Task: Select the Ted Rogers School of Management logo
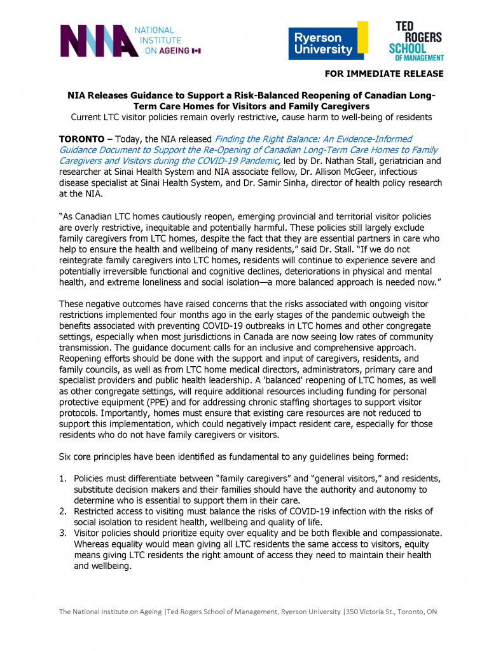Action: (416, 41)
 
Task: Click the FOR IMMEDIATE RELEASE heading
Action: (384, 74)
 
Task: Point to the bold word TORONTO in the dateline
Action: (82, 139)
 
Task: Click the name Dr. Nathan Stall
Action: (339, 161)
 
